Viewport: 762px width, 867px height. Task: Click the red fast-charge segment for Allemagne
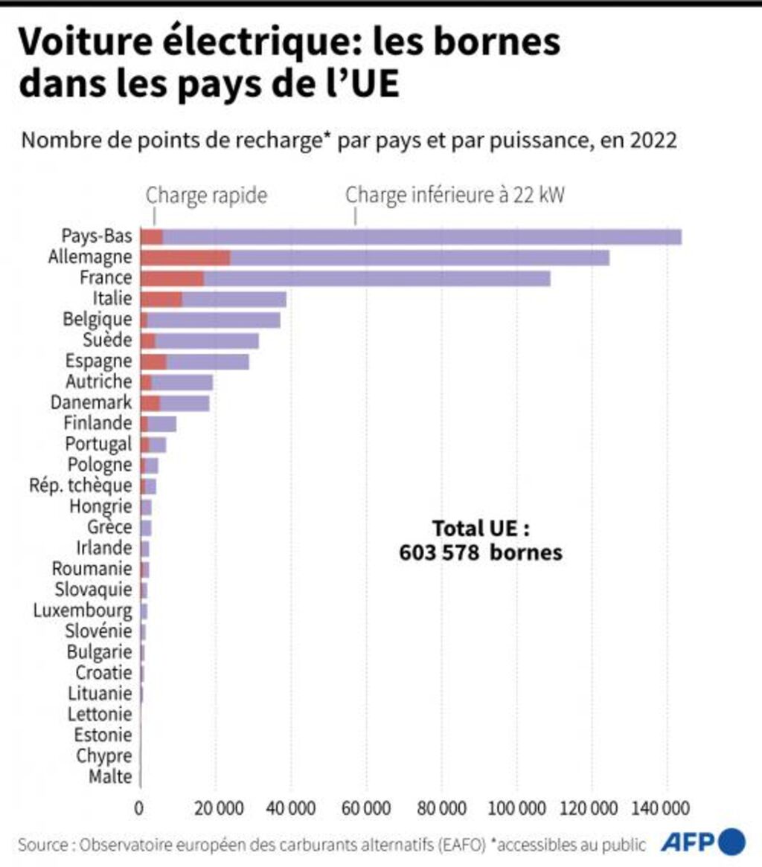[185, 258]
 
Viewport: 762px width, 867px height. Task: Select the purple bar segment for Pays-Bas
[421, 237]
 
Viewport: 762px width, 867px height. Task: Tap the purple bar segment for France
[377, 279]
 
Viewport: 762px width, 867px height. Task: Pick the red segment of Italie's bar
[161, 300]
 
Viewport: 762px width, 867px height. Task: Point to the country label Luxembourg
[83, 611]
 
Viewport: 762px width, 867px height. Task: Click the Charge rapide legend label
[206, 196]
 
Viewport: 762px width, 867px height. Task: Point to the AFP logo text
[689, 843]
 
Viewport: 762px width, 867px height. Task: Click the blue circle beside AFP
[732, 841]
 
